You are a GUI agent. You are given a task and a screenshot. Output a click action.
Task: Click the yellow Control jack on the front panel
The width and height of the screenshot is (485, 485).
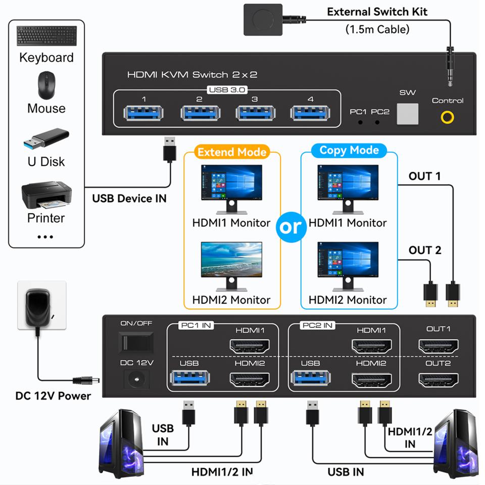pyautogui.click(x=447, y=117)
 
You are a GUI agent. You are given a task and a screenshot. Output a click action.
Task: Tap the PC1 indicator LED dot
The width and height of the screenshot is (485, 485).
pyautogui.click(x=360, y=122)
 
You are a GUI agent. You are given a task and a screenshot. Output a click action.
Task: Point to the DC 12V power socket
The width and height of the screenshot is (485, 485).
pyautogui.click(x=135, y=378)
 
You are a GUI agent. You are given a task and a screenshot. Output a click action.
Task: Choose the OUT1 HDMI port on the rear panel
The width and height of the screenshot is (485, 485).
pyautogui.click(x=438, y=347)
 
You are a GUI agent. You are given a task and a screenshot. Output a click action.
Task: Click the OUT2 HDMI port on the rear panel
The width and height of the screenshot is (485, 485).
pyautogui.click(x=438, y=380)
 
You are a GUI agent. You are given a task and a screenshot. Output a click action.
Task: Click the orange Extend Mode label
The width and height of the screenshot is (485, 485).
pyautogui.click(x=232, y=152)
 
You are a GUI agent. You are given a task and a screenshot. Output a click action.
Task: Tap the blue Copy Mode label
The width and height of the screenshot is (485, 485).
pyautogui.click(x=349, y=151)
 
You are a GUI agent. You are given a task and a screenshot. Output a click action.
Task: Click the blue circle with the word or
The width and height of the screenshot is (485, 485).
pyautogui.click(x=290, y=227)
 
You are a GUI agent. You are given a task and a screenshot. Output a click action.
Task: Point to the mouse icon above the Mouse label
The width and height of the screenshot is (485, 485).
pyautogui.click(x=46, y=85)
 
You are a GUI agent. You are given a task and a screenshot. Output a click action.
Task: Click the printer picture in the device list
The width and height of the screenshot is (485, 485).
pyautogui.click(x=45, y=197)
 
